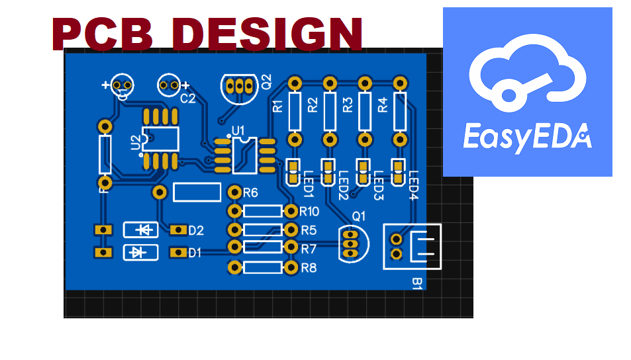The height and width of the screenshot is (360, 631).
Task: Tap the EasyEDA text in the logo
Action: tap(526, 138)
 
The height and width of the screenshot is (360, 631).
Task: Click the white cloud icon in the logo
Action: tap(528, 76)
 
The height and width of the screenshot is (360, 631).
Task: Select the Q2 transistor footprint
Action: tap(238, 87)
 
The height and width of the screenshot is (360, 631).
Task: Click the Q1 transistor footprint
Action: tap(352, 242)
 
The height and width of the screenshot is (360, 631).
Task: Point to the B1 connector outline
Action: tap(412, 246)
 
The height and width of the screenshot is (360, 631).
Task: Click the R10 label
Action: tap(309, 212)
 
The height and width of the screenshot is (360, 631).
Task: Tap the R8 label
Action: tap(309, 268)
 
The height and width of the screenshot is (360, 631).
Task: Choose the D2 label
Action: tap(196, 230)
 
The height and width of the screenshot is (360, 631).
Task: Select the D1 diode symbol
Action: tap(141, 252)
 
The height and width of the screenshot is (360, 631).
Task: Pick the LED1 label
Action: tap(307, 185)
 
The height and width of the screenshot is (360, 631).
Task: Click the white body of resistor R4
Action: tap(399, 112)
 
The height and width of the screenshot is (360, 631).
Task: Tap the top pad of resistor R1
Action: tap(295, 83)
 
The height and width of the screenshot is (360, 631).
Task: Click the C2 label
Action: tap(188, 99)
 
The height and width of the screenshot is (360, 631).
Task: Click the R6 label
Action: tap(250, 193)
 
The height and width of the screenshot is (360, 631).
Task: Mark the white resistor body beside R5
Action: tap(263, 230)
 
